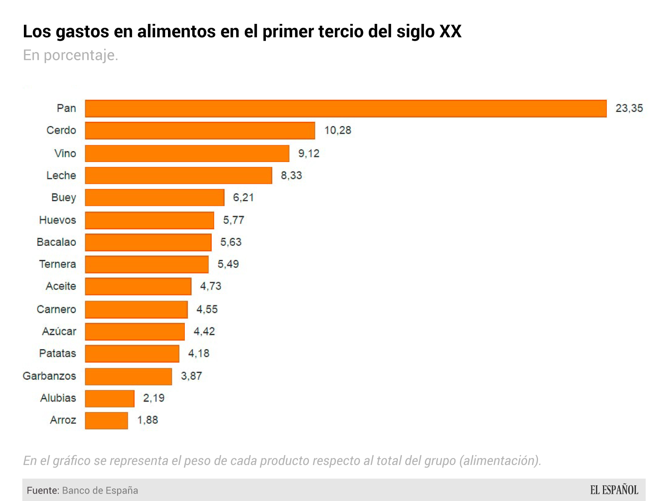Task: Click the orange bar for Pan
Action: [x=345, y=108]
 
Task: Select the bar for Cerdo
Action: [x=200, y=130]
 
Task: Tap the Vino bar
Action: [x=187, y=153]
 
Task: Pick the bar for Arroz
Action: [x=106, y=420]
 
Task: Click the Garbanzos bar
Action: [x=128, y=376]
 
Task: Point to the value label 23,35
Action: [x=629, y=108]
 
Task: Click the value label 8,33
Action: [x=291, y=175]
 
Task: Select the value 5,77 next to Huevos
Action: [x=233, y=220]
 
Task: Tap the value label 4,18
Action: [x=199, y=353]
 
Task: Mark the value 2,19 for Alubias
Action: [x=153, y=398]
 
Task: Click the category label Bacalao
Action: [x=56, y=242]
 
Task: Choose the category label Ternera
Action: [x=58, y=264]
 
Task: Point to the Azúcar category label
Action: [x=59, y=332]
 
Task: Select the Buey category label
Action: [x=63, y=198]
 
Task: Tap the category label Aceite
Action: [x=61, y=286]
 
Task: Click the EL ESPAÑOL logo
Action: [x=614, y=490]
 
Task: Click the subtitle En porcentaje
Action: [x=70, y=55]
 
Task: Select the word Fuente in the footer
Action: [x=43, y=490]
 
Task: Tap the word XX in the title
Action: [x=451, y=31]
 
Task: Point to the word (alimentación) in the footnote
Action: [x=500, y=461]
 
